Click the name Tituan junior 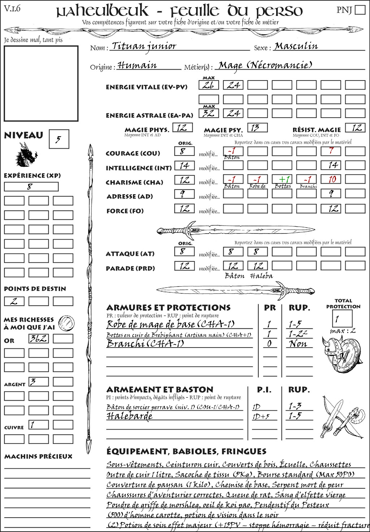pos(144,46)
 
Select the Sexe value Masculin pos(296,46)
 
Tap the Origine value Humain pos(137,65)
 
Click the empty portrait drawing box pos(41,83)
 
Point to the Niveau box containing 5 pos(59,139)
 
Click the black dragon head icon pos(26,155)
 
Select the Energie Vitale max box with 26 pos(208,85)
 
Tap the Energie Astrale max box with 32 pos(208,113)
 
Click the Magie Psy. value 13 pos(257,128)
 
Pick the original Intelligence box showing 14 pos(184,166)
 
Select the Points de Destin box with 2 pos(14,301)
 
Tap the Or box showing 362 pos(38,339)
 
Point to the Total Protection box pos(342,318)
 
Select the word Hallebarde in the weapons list pos(129,416)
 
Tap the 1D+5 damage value pos(261,417)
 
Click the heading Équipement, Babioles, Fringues pos(186,451)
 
